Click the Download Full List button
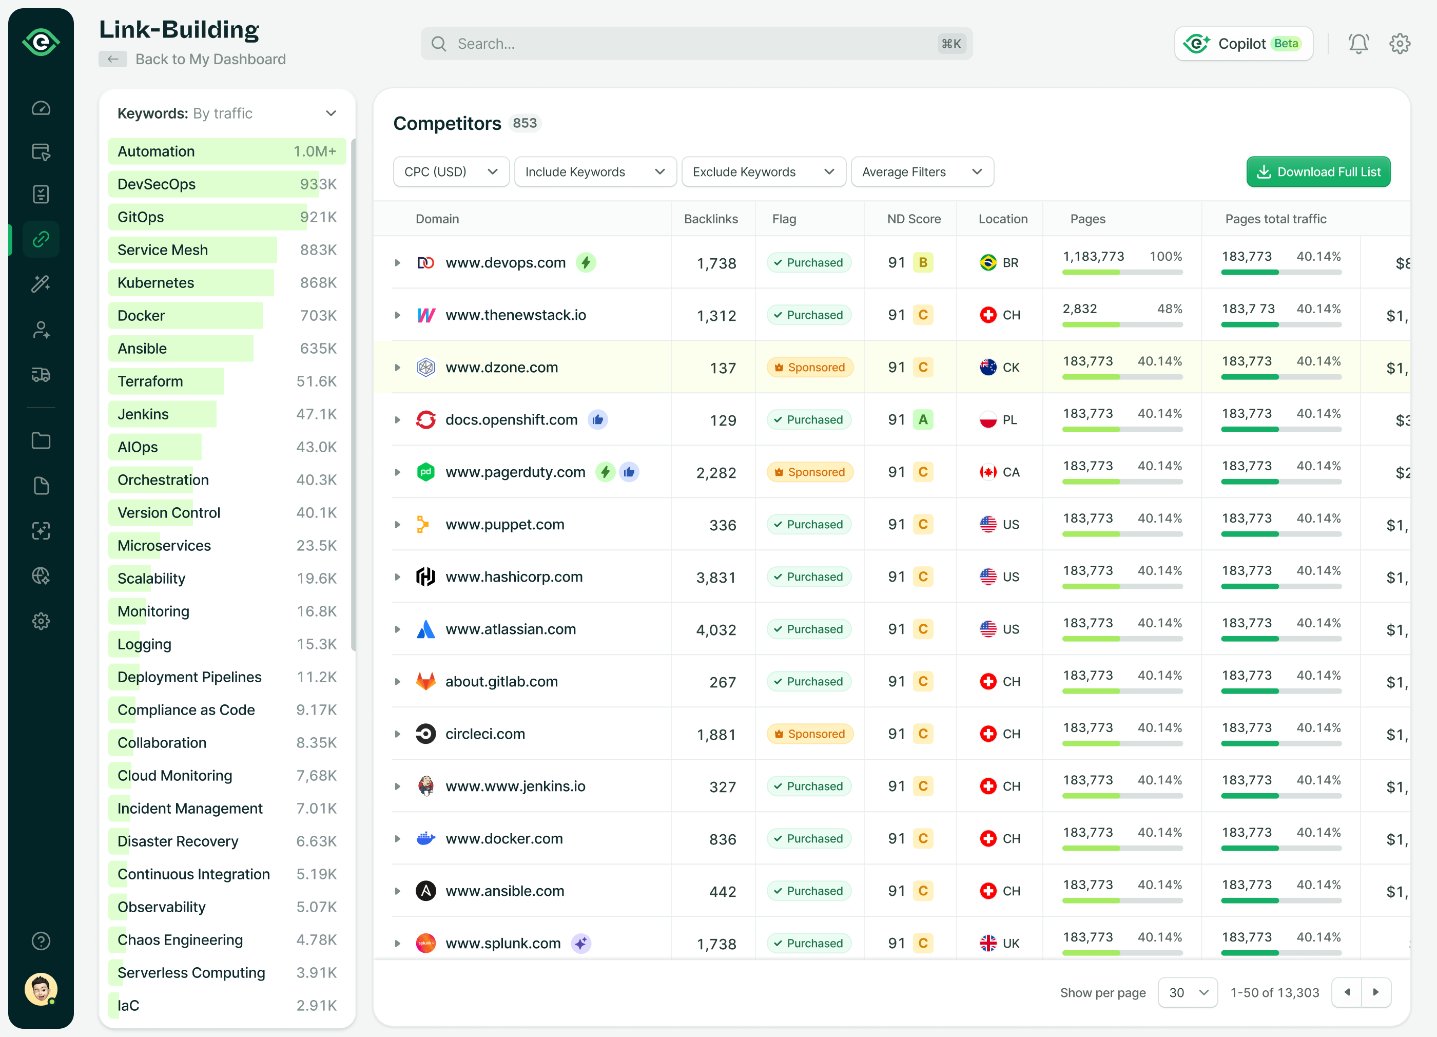tap(1318, 172)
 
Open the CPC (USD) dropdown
tap(451, 172)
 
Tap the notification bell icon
tap(1358, 44)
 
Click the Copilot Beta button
tap(1243, 44)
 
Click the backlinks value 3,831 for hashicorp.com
tap(715, 578)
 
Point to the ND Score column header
tap(913, 219)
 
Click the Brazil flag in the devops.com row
tap(988, 262)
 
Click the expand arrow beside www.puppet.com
tap(397, 525)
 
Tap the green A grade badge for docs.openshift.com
tap(923, 419)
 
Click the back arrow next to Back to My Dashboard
tap(113, 59)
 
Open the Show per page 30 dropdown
tap(1187, 993)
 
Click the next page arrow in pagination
tap(1375, 993)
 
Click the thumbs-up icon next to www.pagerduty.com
tap(629, 472)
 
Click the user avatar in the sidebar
tap(41, 988)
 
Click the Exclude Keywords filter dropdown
tap(763, 172)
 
